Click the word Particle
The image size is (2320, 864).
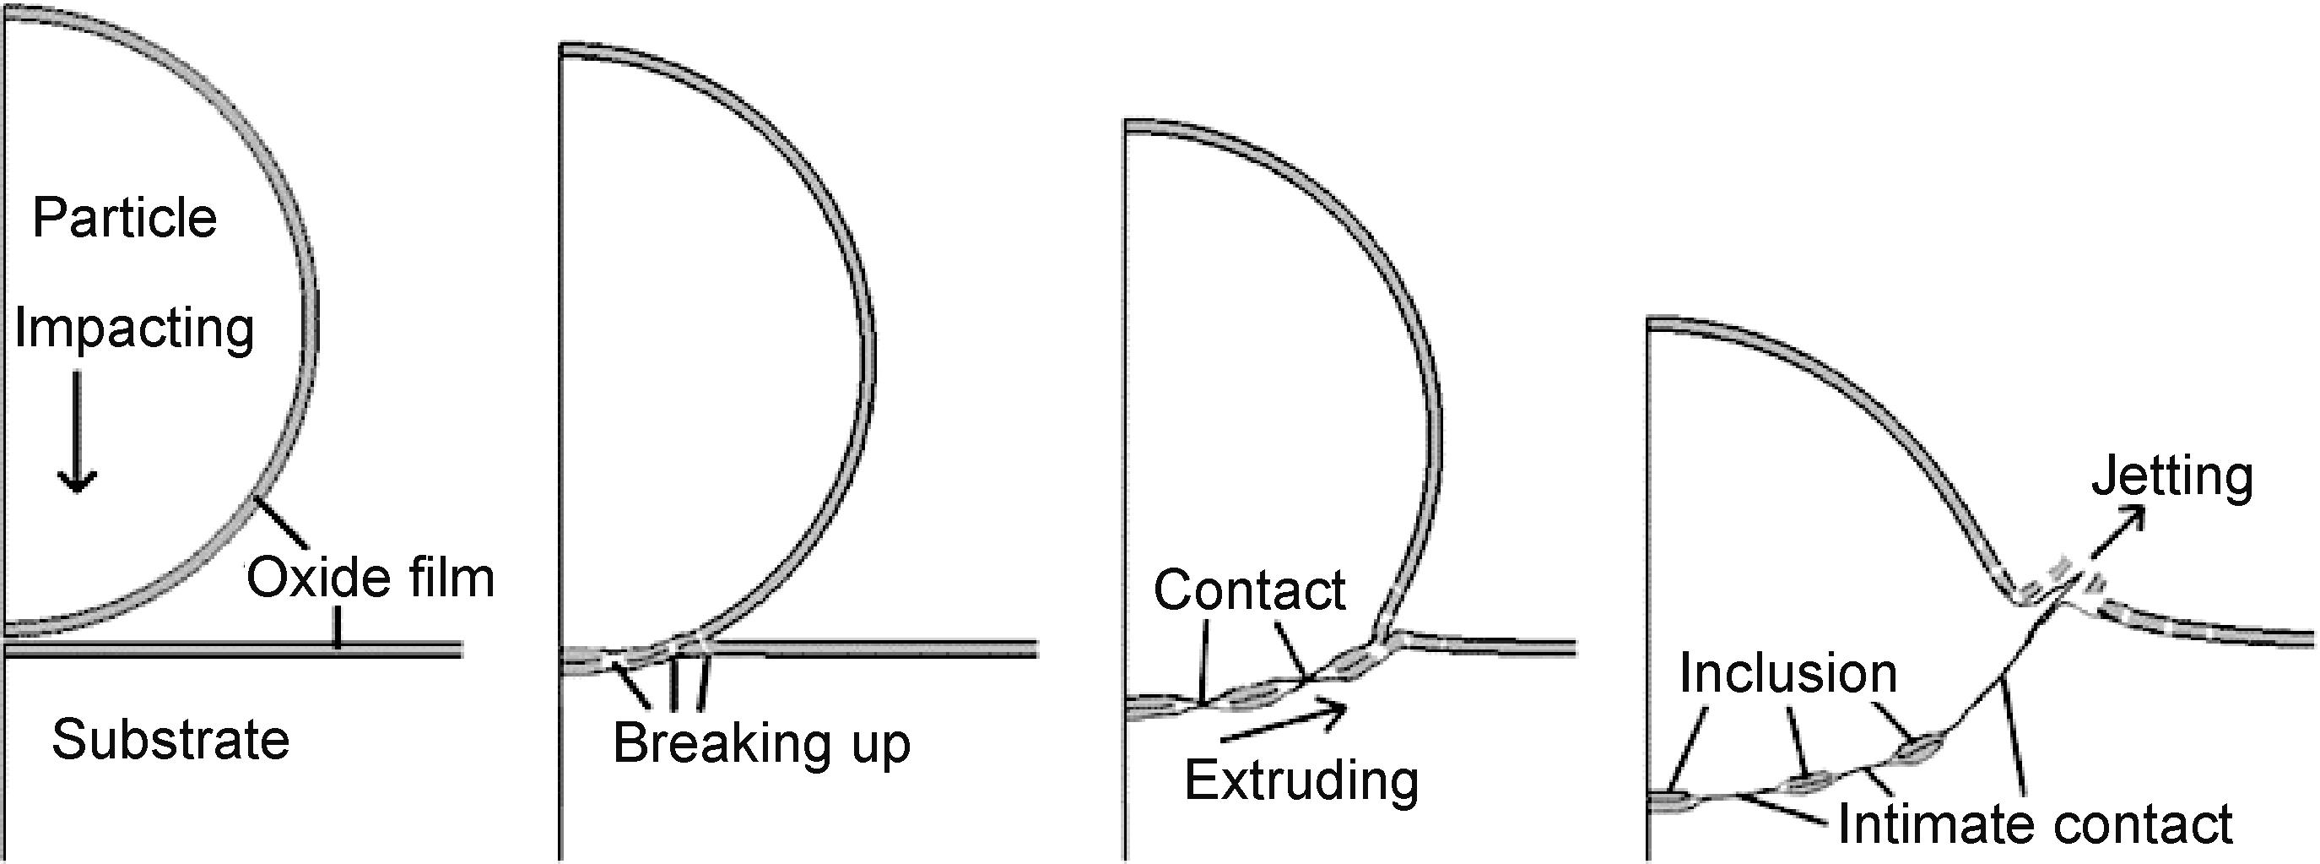124,218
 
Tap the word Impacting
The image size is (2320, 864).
134,328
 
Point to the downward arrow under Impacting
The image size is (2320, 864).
78,432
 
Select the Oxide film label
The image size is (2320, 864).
370,578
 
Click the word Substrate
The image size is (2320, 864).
170,740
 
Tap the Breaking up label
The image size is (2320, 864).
761,743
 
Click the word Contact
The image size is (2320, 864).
1249,590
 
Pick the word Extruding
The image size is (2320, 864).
1301,780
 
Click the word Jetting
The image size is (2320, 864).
2171,475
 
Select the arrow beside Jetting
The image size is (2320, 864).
2116,532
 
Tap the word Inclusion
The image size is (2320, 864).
1787,673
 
